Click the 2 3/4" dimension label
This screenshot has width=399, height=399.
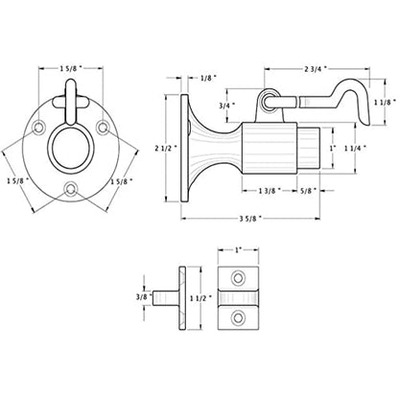(x=316, y=68)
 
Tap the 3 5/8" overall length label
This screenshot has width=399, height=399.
(x=250, y=219)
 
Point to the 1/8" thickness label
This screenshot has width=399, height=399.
(x=208, y=78)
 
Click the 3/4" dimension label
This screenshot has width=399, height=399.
(x=227, y=106)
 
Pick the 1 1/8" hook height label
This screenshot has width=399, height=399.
(x=386, y=102)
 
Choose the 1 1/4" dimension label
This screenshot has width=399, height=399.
(x=355, y=149)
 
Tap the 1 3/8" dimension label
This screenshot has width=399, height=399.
(x=270, y=191)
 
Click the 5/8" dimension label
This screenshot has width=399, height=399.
(x=308, y=191)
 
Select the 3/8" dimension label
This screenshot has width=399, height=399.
(x=142, y=297)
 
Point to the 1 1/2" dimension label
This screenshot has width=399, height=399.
(x=201, y=297)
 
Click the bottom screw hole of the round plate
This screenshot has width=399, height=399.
(x=71, y=189)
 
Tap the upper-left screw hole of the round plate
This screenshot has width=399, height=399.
(x=38, y=128)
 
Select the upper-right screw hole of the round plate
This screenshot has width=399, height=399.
(x=103, y=128)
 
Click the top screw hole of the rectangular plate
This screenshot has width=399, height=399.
(x=238, y=278)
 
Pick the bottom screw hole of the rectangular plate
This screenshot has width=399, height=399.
(x=238, y=317)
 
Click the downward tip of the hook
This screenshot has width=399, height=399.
(x=368, y=125)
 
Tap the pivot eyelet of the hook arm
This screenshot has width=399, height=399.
(x=270, y=101)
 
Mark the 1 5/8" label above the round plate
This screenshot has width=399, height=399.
(x=70, y=68)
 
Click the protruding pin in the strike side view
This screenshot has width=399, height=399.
(x=165, y=297)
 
